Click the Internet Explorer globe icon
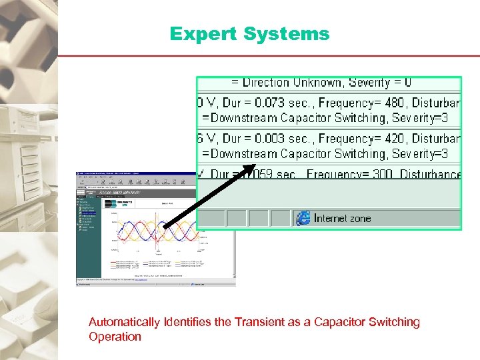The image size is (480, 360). [303, 218]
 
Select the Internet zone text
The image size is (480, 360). [343, 218]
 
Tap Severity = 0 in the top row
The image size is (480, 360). [379, 83]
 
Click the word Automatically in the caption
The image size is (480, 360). [124, 323]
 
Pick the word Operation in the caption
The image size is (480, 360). [115, 337]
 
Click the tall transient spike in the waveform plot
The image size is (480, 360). [157, 233]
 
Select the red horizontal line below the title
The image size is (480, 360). [267, 55]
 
